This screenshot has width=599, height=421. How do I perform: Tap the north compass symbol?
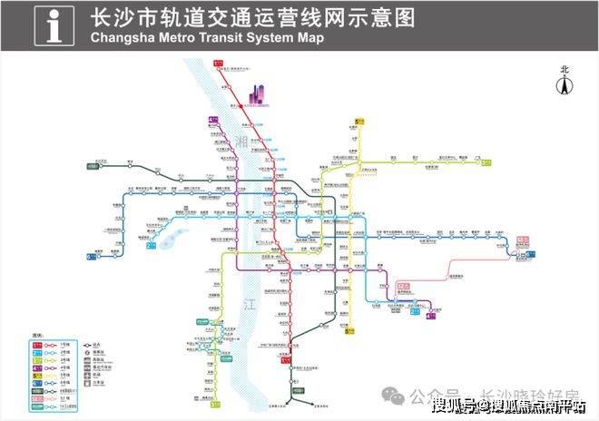pos(564,84)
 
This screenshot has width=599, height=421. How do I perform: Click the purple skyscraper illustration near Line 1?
pos(257,93)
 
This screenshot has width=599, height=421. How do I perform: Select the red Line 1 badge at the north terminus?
pos(218,63)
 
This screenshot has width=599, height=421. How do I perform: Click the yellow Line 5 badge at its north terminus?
pos(358,120)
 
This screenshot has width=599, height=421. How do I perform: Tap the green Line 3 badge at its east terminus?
pos(487,163)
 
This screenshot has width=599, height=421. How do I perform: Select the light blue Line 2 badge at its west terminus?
pos(150,245)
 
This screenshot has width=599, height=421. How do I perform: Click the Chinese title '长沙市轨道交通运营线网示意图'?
pos(229,18)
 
